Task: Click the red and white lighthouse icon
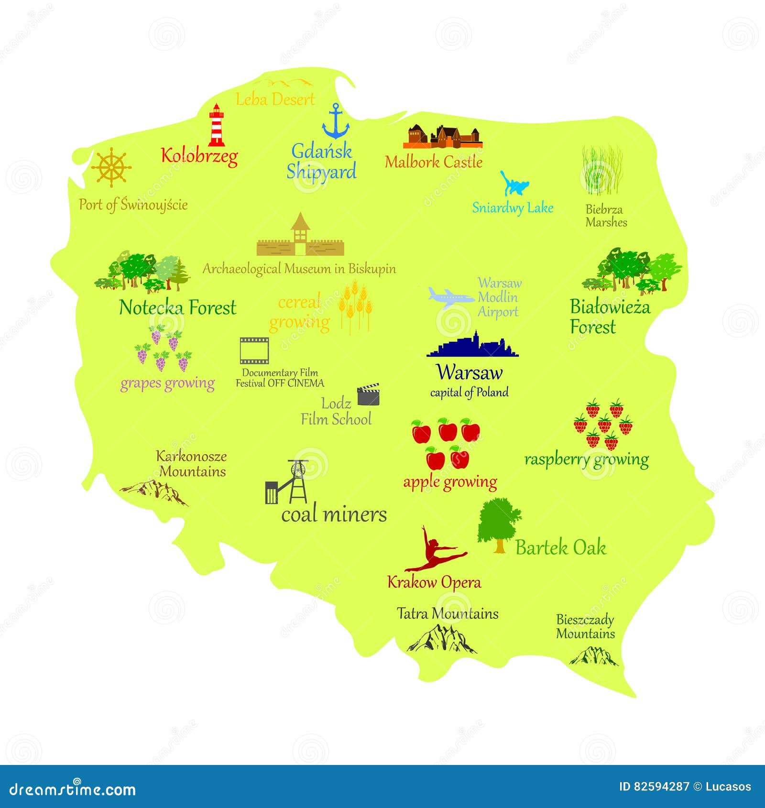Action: (x=217, y=125)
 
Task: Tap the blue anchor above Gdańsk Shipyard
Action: (x=336, y=121)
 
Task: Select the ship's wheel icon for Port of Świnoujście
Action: (x=111, y=167)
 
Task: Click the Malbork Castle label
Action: (x=433, y=162)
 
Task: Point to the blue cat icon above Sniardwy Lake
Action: (x=514, y=184)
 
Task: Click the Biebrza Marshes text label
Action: (x=606, y=216)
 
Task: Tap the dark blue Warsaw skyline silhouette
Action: (x=472, y=346)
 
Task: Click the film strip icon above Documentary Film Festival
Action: (x=254, y=350)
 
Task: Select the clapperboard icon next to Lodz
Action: (x=369, y=394)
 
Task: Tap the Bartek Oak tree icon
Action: (x=498, y=525)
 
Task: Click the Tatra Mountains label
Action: (x=448, y=613)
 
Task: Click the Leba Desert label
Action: (x=275, y=99)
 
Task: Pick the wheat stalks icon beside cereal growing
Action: (x=355, y=306)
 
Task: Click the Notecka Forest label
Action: (x=177, y=307)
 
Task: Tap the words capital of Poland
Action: (x=469, y=393)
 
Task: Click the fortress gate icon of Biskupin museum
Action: (x=300, y=237)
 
